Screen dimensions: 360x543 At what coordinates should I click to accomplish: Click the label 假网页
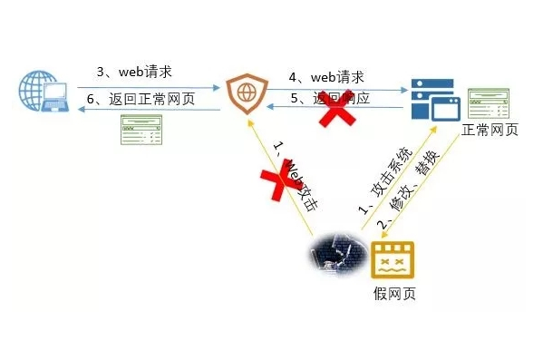[394, 295]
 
